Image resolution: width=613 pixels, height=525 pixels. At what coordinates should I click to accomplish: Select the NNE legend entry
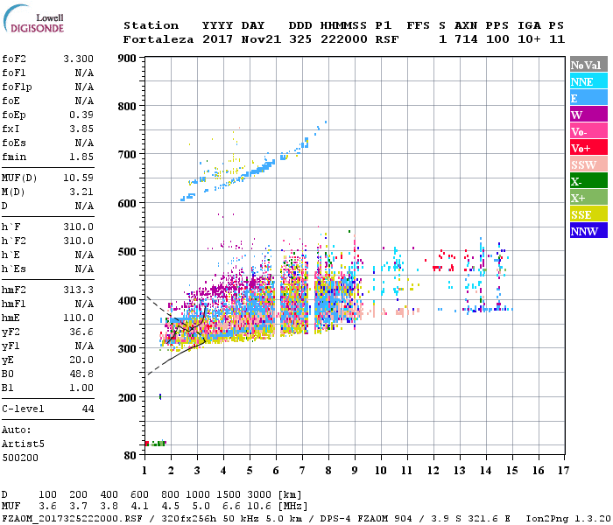click(588, 81)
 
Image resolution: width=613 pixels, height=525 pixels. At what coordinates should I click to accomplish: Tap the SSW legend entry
click(588, 165)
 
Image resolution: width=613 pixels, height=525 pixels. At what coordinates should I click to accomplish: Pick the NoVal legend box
click(588, 65)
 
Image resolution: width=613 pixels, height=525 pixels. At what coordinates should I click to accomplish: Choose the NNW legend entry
click(588, 232)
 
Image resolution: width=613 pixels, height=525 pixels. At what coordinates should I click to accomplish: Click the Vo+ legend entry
click(588, 149)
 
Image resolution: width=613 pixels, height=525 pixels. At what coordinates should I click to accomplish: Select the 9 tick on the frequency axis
click(355, 472)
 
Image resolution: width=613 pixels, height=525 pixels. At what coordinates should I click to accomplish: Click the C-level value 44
click(88, 409)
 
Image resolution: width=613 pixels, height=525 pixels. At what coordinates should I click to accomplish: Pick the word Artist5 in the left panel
click(23, 444)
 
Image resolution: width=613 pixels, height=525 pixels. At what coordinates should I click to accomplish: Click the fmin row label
click(15, 157)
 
